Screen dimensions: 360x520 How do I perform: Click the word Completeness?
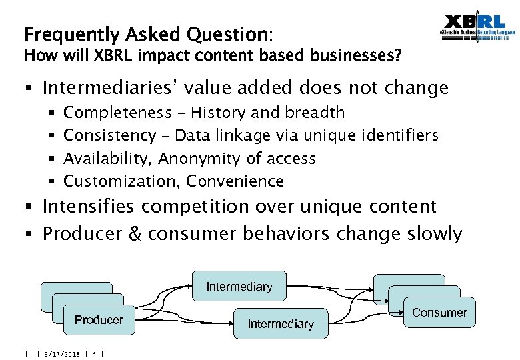(x=117, y=113)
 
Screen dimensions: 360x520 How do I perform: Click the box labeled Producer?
(x=99, y=320)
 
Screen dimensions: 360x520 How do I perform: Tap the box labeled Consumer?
(x=439, y=312)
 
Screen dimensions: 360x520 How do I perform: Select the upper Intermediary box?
(x=239, y=287)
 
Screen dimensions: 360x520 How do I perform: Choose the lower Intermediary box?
(x=281, y=324)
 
